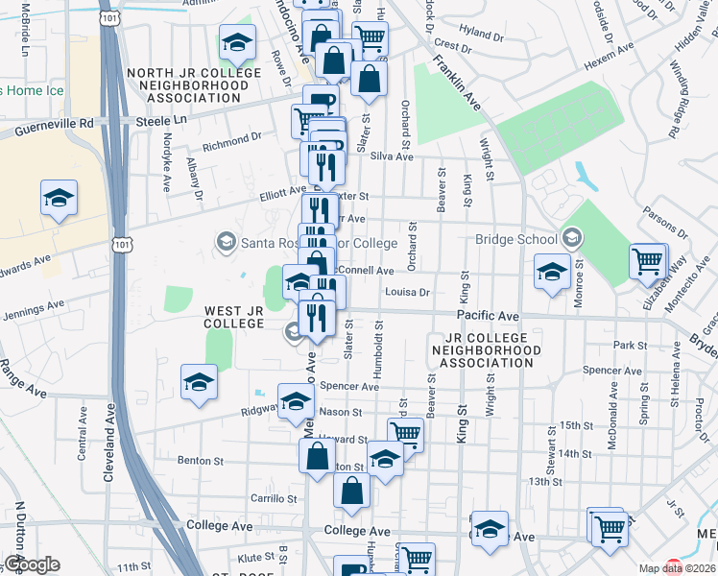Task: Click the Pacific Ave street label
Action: [488, 316]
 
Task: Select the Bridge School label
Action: [516, 240]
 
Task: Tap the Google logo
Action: [31, 564]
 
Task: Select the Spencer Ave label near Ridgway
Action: [350, 387]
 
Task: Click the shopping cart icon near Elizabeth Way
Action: [648, 260]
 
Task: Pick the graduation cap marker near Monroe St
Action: [553, 271]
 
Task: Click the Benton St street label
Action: [201, 461]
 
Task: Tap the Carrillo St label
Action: [275, 499]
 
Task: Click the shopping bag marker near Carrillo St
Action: [352, 491]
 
